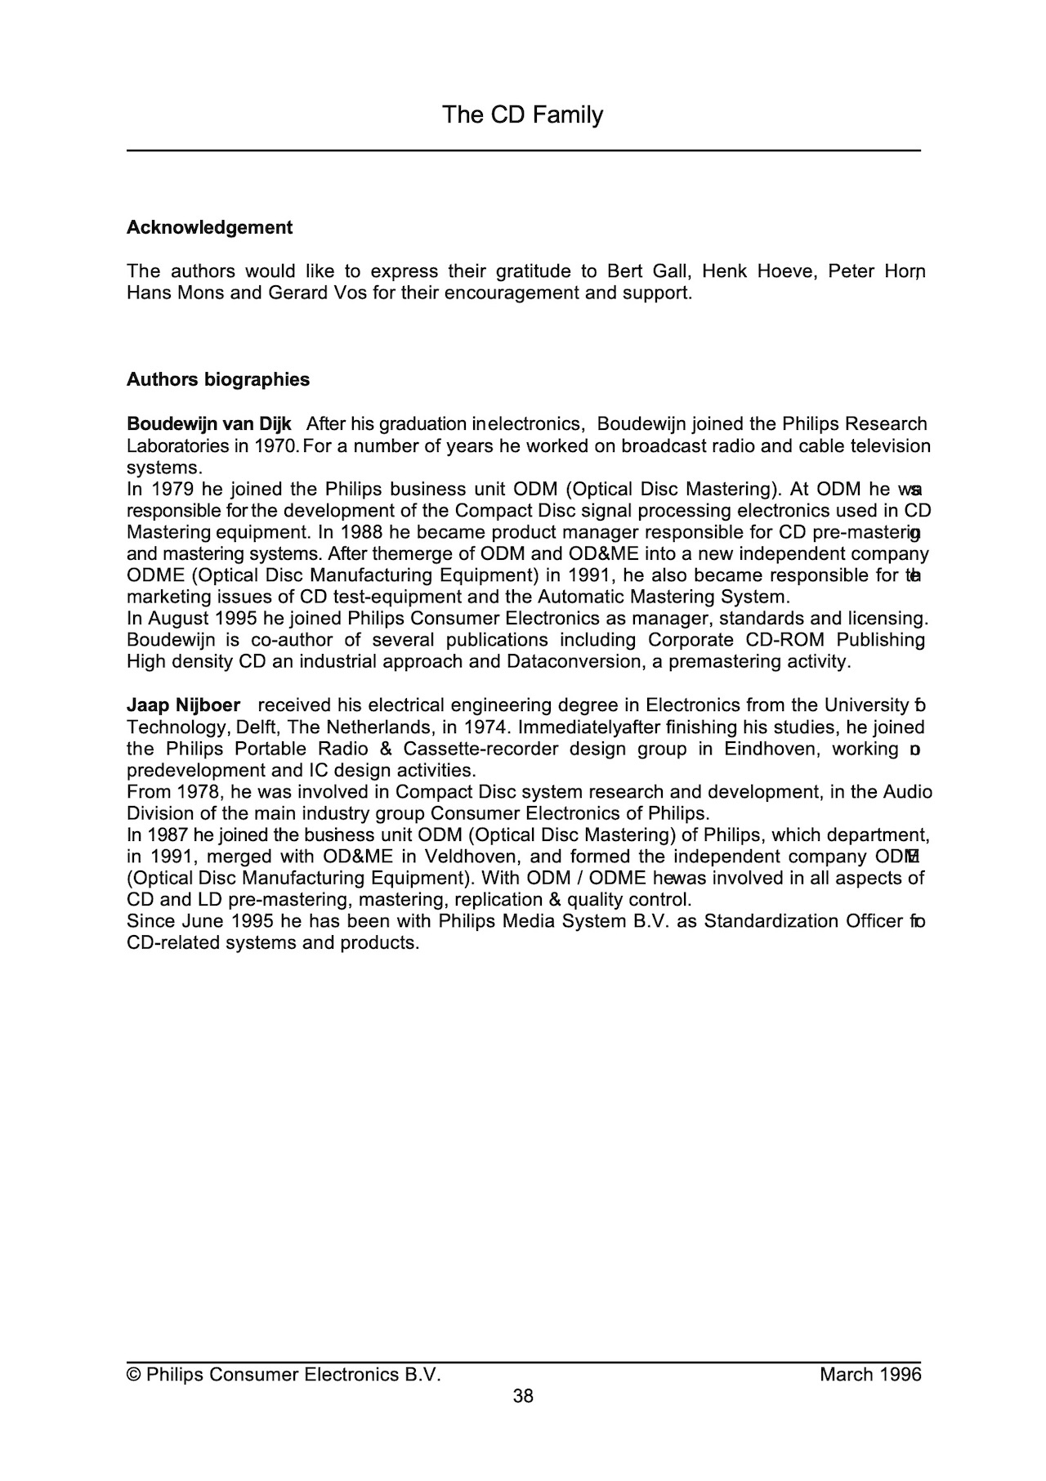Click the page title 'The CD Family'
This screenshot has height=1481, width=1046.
point(522,115)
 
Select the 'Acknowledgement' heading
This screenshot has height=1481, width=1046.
point(209,228)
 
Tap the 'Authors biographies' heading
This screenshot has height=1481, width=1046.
point(218,380)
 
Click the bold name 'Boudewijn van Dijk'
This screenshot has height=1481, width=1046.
point(209,424)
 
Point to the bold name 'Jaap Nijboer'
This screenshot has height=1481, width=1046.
point(183,705)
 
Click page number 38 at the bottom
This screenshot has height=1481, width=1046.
point(523,1396)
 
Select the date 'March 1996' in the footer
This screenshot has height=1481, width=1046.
point(870,1375)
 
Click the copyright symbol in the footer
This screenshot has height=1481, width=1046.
point(133,1375)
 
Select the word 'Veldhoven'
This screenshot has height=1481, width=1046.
point(470,857)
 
